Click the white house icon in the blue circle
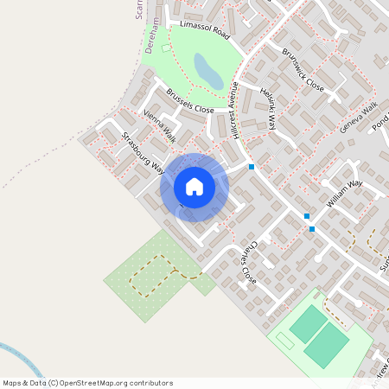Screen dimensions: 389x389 pos(194,187)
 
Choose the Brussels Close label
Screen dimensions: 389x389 pos(189,101)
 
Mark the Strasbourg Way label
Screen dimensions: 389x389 pos(143,152)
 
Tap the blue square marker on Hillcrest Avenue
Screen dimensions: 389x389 pos(252,166)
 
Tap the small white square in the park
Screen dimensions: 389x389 pos(167,48)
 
